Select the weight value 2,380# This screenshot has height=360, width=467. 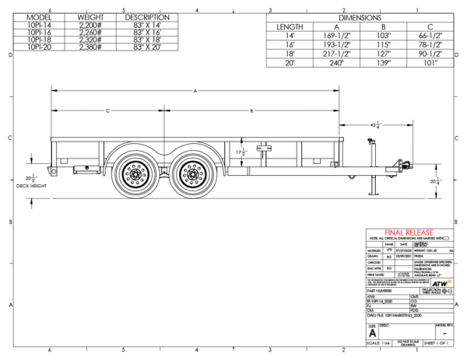tap(91, 47)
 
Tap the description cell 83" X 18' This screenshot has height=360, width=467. tap(146, 40)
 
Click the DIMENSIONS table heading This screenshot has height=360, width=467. tap(360, 16)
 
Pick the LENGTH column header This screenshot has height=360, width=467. tap(290, 26)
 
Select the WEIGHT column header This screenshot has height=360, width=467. tap(91, 16)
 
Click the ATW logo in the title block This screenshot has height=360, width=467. tap(441, 286)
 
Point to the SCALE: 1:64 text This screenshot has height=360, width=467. tap(382, 342)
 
